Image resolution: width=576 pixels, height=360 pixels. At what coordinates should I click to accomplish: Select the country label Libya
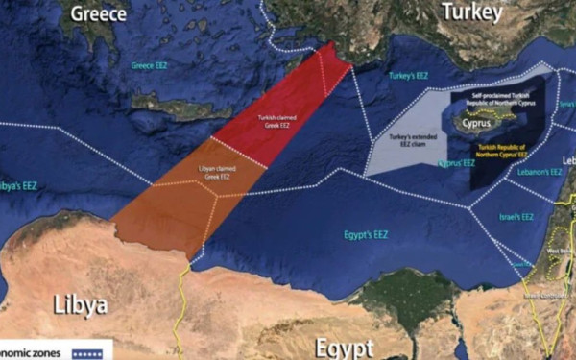67,305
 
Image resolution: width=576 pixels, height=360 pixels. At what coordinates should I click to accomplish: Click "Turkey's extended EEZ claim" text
408,142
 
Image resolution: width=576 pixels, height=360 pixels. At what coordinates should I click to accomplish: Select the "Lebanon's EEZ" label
540,172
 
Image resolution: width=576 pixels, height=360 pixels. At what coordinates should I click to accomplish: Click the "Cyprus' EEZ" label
457,164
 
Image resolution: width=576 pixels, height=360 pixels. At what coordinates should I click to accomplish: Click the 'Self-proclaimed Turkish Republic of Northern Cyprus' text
502,101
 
